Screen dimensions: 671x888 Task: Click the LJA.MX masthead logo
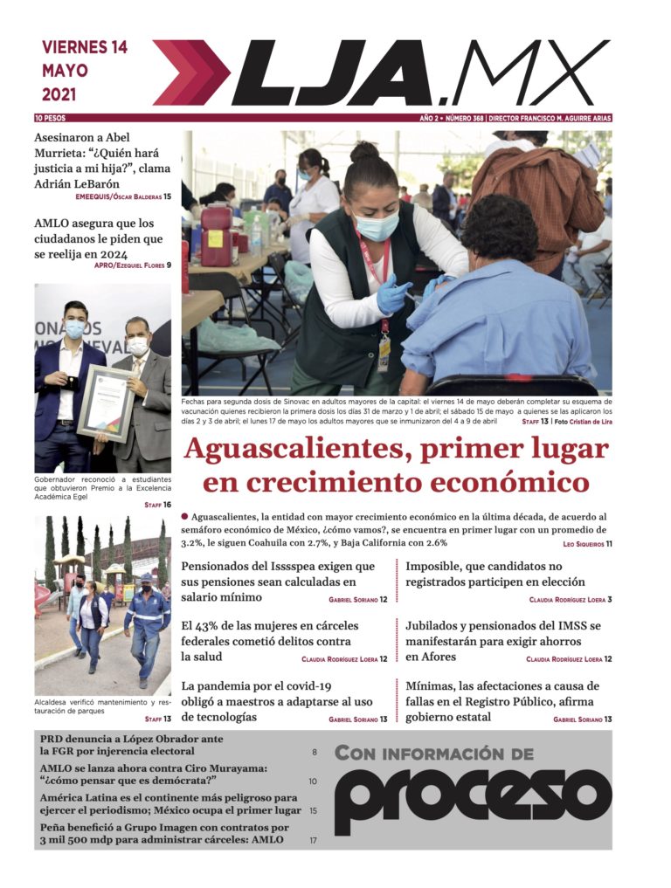[419, 73]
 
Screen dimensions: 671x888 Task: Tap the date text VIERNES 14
[85, 47]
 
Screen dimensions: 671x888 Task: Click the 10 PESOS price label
[51, 118]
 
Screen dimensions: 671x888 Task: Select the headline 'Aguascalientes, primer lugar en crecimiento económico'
[396, 466]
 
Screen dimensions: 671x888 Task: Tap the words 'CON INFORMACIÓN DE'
[433, 753]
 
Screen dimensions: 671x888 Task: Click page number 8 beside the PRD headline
[315, 752]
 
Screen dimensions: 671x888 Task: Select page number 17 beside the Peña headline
[313, 841]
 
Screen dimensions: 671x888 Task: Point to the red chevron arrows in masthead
[191, 73]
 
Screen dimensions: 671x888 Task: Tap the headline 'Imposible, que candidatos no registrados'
[495, 574]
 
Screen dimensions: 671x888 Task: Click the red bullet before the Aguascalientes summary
[185, 517]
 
